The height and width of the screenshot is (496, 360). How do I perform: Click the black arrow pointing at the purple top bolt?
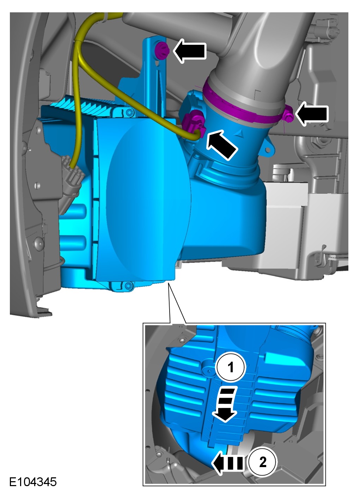click(x=190, y=51)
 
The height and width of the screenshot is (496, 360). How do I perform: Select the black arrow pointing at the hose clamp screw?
click(x=312, y=114)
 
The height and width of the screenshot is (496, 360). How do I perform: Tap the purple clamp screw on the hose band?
click(x=288, y=115)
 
